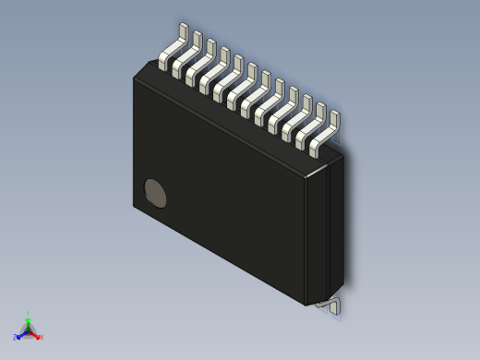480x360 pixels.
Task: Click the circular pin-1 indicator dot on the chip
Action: coord(156,193)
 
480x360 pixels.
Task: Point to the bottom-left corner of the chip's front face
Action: coord(134,206)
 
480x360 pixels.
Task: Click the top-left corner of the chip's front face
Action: coord(135,78)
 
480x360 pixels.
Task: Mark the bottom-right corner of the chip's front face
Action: coord(306,304)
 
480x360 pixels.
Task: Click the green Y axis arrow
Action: coord(29,319)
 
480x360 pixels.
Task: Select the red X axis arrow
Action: coord(36,334)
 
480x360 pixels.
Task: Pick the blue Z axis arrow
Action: coord(21,334)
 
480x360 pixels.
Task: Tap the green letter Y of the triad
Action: coord(29,313)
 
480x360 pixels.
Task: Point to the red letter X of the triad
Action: coord(42,337)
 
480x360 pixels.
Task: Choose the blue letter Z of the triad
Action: coord(16,337)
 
